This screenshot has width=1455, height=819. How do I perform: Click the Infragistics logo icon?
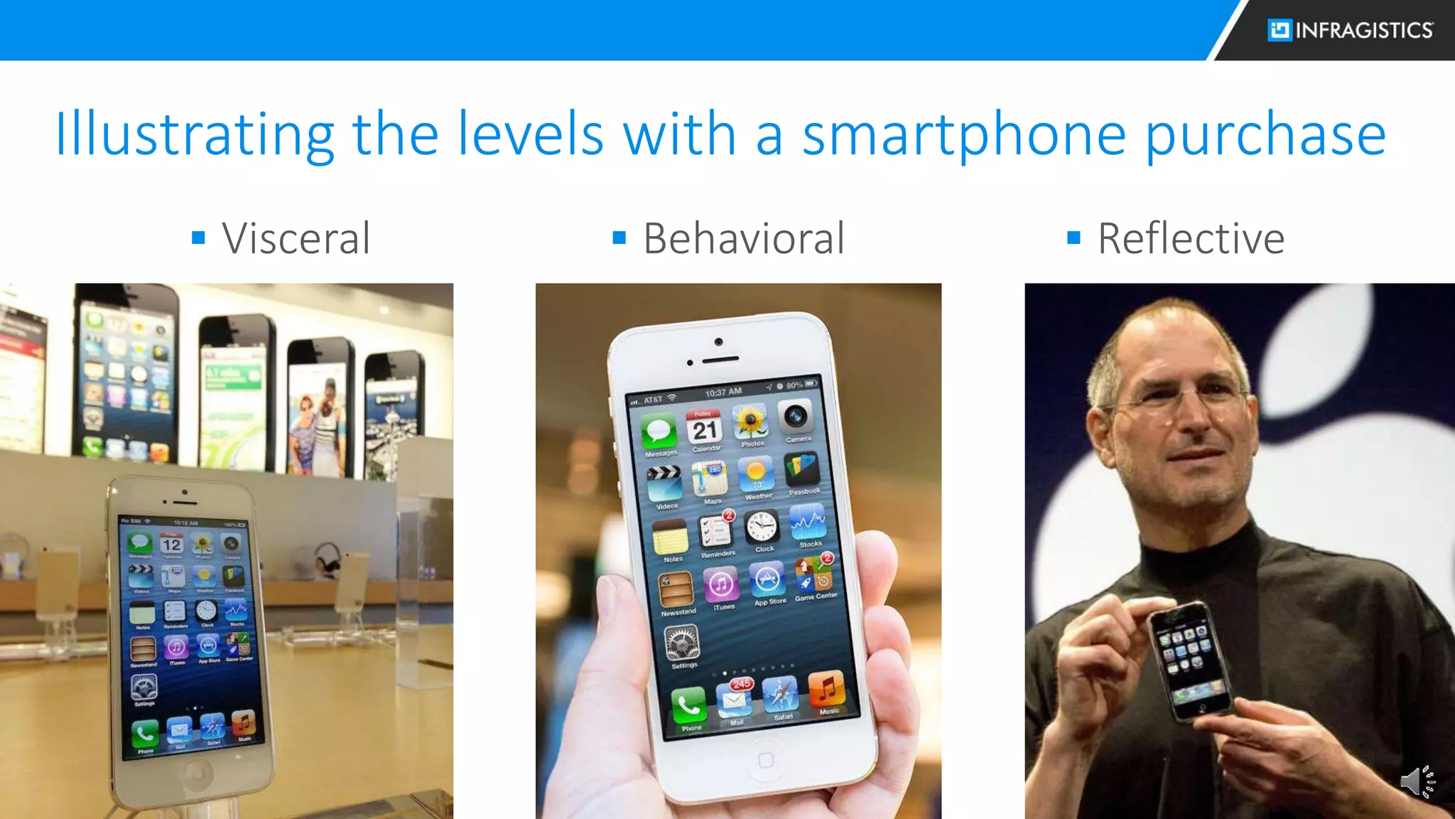(1280, 30)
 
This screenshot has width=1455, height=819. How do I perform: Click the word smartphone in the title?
(964, 134)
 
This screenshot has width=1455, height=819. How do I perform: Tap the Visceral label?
(296, 238)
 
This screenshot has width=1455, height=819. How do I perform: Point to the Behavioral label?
(743, 238)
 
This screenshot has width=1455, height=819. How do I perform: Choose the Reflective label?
(1191, 238)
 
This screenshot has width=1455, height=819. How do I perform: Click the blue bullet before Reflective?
(1073, 237)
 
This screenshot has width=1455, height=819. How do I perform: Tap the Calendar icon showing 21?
(704, 428)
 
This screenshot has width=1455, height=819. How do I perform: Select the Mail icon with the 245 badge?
(735, 700)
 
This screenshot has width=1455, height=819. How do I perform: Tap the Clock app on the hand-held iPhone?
(762, 528)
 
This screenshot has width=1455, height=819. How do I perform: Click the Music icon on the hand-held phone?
(826, 690)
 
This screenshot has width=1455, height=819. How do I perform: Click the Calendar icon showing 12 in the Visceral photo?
(171, 545)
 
